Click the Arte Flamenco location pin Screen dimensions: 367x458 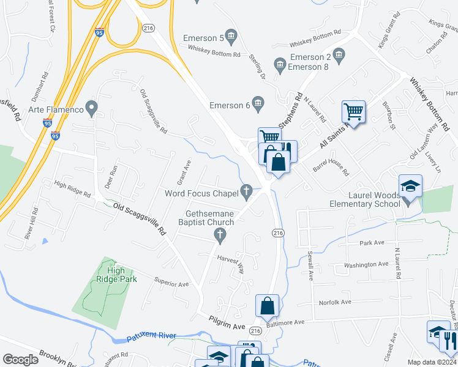coord(92,109)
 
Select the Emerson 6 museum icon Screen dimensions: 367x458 coord(258,105)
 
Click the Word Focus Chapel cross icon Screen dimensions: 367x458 coord(247,193)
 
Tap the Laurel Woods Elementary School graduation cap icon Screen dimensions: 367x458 coord(410,186)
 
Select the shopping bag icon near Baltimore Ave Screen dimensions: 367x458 coord(267,306)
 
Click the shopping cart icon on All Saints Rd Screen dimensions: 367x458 coord(353,112)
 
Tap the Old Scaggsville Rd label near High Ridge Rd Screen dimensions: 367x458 coord(141,218)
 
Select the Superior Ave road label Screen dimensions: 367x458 coord(171,284)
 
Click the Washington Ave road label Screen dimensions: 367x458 coord(366,265)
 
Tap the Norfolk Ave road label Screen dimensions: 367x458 coord(334,303)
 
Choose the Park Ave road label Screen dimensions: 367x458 coord(372,243)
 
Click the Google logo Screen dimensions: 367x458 coord(20,360)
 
